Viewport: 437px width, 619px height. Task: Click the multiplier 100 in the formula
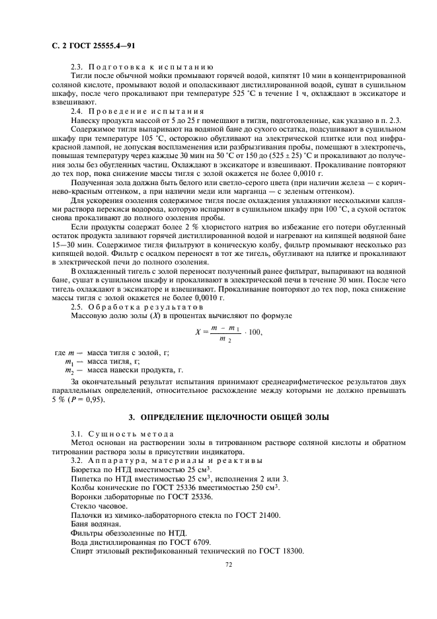253,332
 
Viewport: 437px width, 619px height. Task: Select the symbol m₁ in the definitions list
69,362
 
